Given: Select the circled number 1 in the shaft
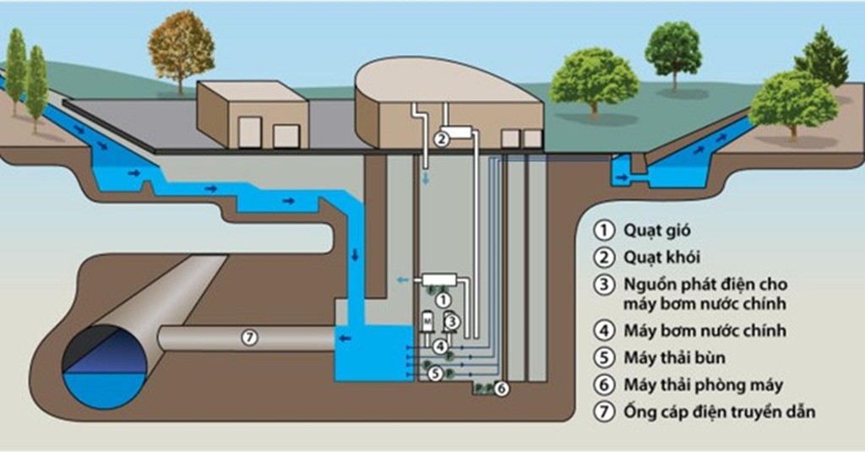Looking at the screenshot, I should tap(447, 298).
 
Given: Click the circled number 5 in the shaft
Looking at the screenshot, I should tap(435, 371).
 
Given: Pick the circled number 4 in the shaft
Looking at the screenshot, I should tap(441, 346).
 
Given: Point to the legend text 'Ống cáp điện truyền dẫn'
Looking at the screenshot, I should tap(719, 412).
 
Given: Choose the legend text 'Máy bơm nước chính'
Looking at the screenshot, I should tap(705, 330).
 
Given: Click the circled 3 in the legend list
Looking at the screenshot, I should tap(602, 285).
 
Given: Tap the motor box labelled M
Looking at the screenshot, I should tap(427, 322).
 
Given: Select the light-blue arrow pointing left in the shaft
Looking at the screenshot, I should tap(404, 280).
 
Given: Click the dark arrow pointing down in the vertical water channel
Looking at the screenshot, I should tap(355, 255).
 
